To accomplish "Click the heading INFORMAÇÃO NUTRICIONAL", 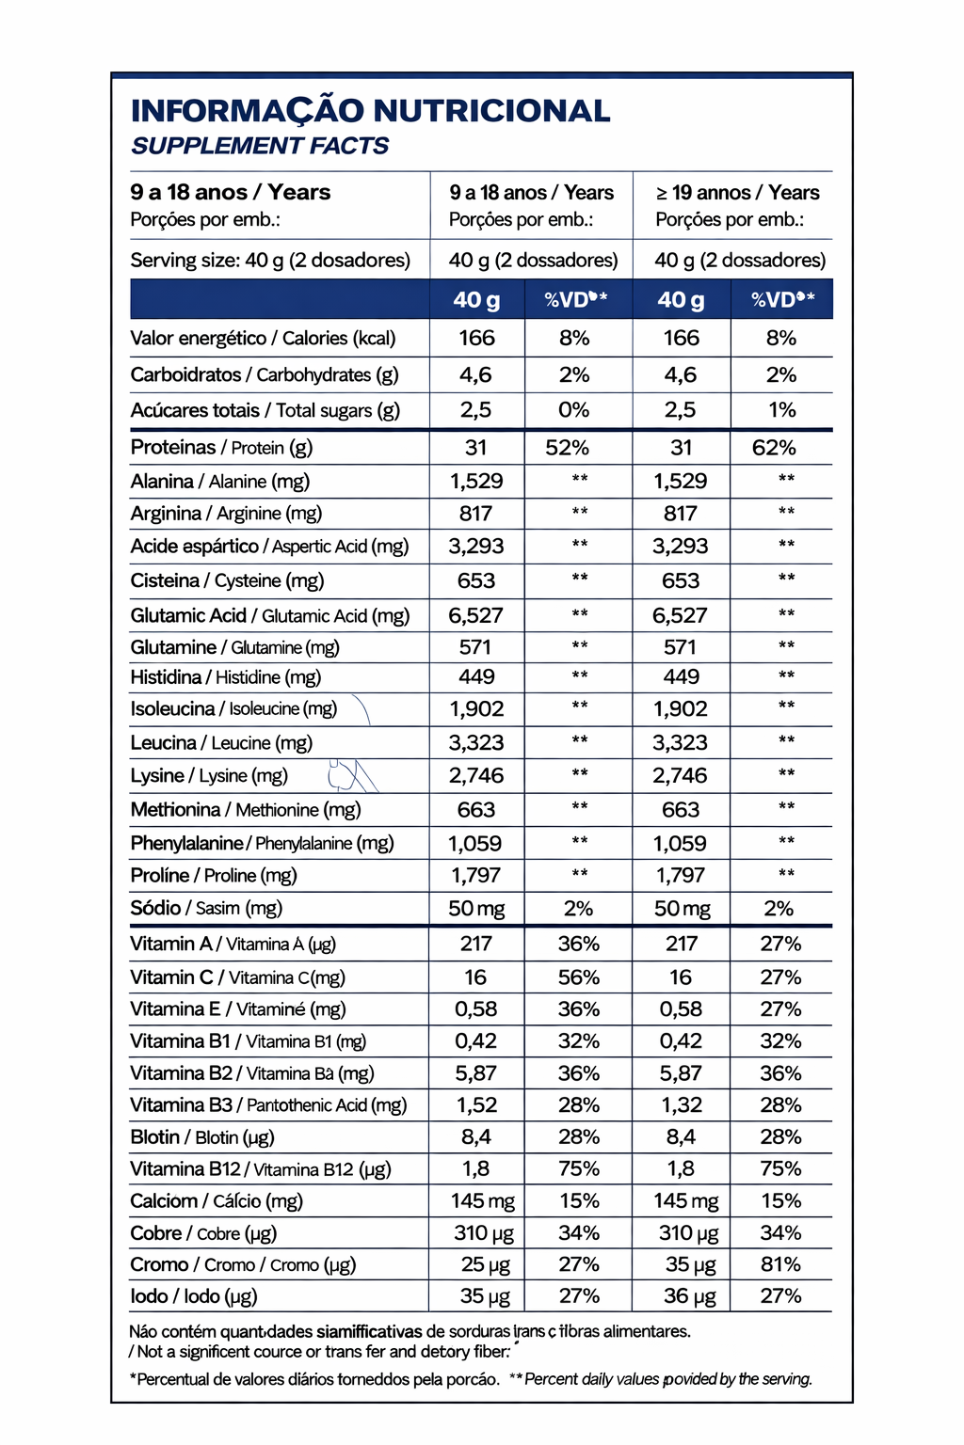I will pyautogui.click(x=370, y=111).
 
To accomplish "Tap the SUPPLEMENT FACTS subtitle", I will pyautogui.click(x=260, y=146).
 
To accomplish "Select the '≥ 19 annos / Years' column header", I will pyautogui.click(x=737, y=193).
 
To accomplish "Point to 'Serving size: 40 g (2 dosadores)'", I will pyautogui.click(x=270, y=261).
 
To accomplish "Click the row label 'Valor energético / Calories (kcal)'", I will pyautogui.click(x=263, y=339).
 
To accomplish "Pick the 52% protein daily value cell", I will pyautogui.click(x=567, y=448).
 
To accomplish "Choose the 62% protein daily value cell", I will pyautogui.click(x=774, y=448).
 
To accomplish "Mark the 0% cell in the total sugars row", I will pyautogui.click(x=573, y=410).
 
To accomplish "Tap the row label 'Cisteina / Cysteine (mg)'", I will pyautogui.click(x=227, y=580).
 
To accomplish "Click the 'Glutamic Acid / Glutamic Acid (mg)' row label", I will pyautogui.click(x=270, y=615).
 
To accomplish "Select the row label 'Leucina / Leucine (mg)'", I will pyautogui.click(x=221, y=742).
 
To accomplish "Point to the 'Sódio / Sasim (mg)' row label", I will pyautogui.click(x=206, y=908).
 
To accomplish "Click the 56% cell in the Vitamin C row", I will pyautogui.click(x=578, y=977).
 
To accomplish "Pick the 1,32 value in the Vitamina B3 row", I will pyautogui.click(x=681, y=1105).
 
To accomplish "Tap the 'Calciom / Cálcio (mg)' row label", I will pyautogui.click(x=217, y=1201).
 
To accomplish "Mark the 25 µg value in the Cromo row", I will pyautogui.click(x=485, y=1264).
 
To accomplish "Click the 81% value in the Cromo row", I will pyautogui.click(x=780, y=1264).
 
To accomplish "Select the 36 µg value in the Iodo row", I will pyautogui.click(x=689, y=1296).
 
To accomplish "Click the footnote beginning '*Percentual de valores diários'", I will pyautogui.click(x=314, y=1379).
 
